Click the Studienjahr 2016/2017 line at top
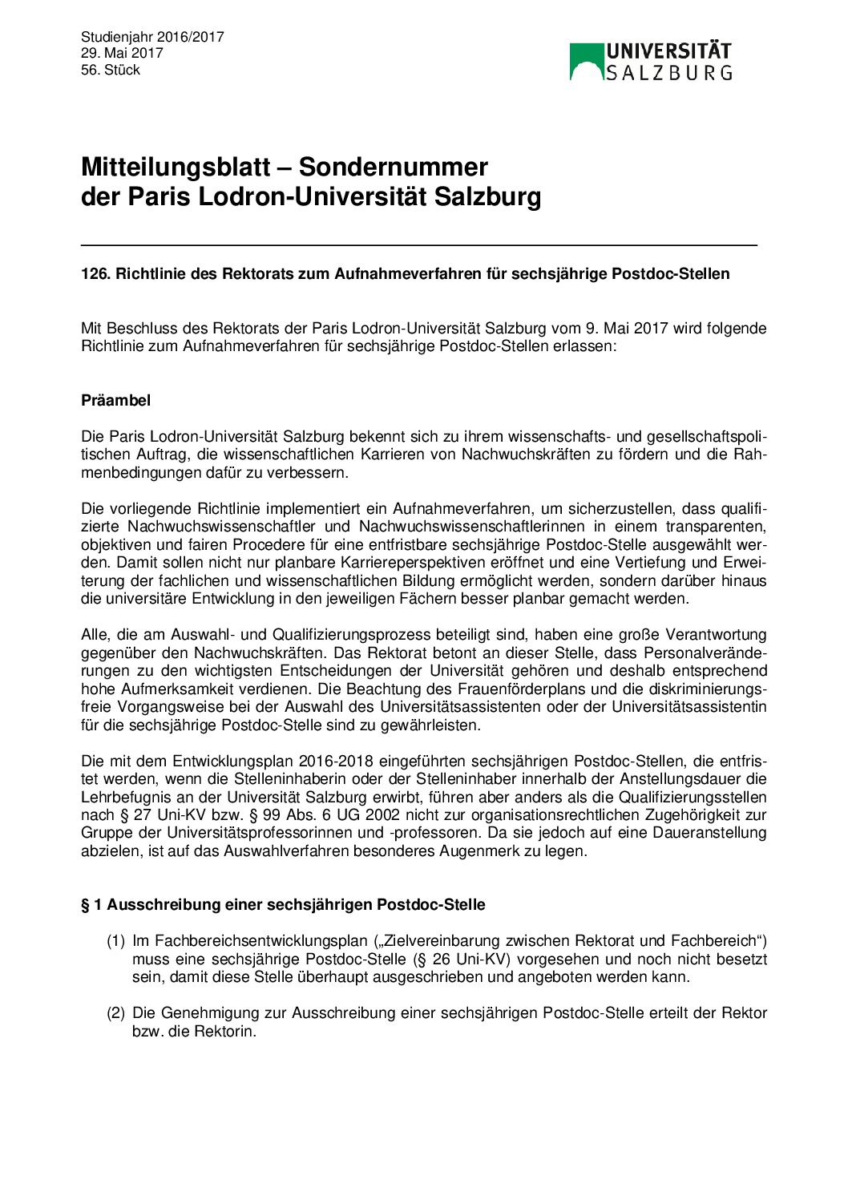coord(152,37)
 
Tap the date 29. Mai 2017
coord(122,53)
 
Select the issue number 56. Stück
coord(111,70)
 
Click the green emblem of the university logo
coord(586,61)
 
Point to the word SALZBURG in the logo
coord(668,73)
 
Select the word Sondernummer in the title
coord(393,167)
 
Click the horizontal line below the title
coord(418,244)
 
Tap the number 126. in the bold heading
coord(95,274)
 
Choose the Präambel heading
coord(115,400)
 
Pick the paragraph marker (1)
coord(116,941)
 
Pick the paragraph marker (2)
coord(116,1013)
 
